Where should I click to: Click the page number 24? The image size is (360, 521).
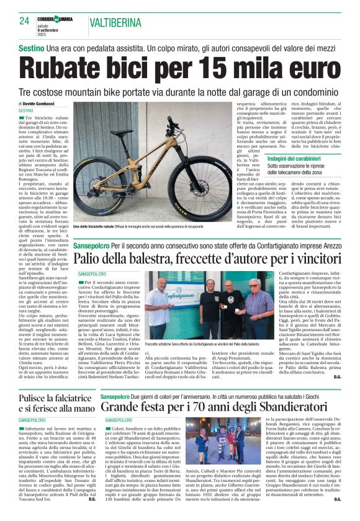[24, 20]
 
